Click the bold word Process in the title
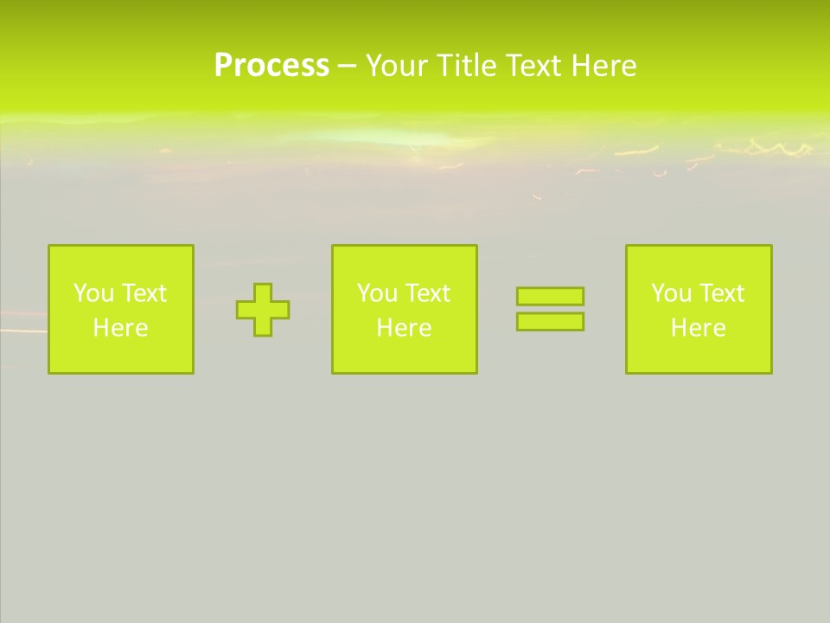point(271,66)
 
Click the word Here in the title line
point(603,66)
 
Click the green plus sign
point(263,310)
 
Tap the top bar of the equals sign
point(550,296)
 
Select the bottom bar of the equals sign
point(550,322)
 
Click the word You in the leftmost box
point(93,293)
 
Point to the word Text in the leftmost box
point(144,293)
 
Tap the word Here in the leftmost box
point(120,328)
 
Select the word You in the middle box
point(377,293)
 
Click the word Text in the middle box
point(427,293)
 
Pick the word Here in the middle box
point(404,328)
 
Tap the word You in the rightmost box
point(671,293)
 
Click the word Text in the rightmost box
point(721,293)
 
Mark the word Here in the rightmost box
point(698,328)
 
